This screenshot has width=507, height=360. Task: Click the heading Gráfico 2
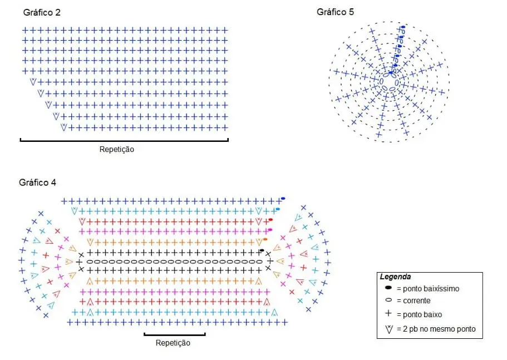click(x=42, y=13)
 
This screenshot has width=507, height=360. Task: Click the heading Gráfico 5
click(x=335, y=12)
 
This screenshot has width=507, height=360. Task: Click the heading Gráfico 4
click(x=37, y=183)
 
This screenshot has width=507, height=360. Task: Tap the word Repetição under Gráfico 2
click(x=117, y=150)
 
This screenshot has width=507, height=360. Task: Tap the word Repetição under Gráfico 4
click(x=173, y=343)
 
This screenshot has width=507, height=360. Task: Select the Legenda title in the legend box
click(x=396, y=277)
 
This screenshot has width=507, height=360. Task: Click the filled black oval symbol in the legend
click(x=388, y=287)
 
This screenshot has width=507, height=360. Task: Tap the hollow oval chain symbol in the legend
click(x=388, y=300)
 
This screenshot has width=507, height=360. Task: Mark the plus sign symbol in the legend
click(x=388, y=313)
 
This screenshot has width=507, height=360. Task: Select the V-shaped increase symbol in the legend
click(x=388, y=329)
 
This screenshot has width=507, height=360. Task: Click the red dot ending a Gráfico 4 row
click(x=270, y=220)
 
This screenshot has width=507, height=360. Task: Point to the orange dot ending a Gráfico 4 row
click(x=265, y=239)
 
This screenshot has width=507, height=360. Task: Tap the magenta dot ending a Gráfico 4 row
click(x=270, y=230)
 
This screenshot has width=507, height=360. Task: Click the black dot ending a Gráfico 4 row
click(x=262, y=250)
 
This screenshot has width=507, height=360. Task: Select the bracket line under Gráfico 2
click(x=124, y=141)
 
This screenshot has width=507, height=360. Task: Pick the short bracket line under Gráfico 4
click(x=175, y=335)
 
